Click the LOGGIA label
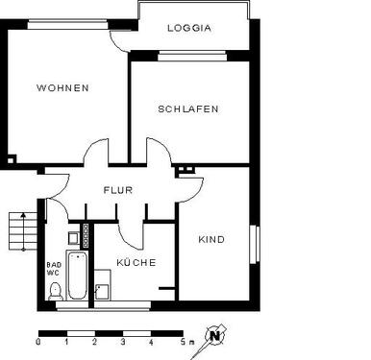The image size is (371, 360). (x=188, y=28)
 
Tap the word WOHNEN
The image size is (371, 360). (x=62, y=87)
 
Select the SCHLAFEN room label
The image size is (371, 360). (x=188, y=108)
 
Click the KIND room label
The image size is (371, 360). (x=211, y=239)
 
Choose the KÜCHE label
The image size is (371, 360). (x=136, y=261)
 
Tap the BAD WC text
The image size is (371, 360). (x=53, y=268)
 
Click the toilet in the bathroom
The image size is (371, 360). (x=55, y=290)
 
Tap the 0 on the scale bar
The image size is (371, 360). (x=38, y=343)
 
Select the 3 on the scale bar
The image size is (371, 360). (x=122, y=343)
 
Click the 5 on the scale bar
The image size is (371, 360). (x=180, y=343)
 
